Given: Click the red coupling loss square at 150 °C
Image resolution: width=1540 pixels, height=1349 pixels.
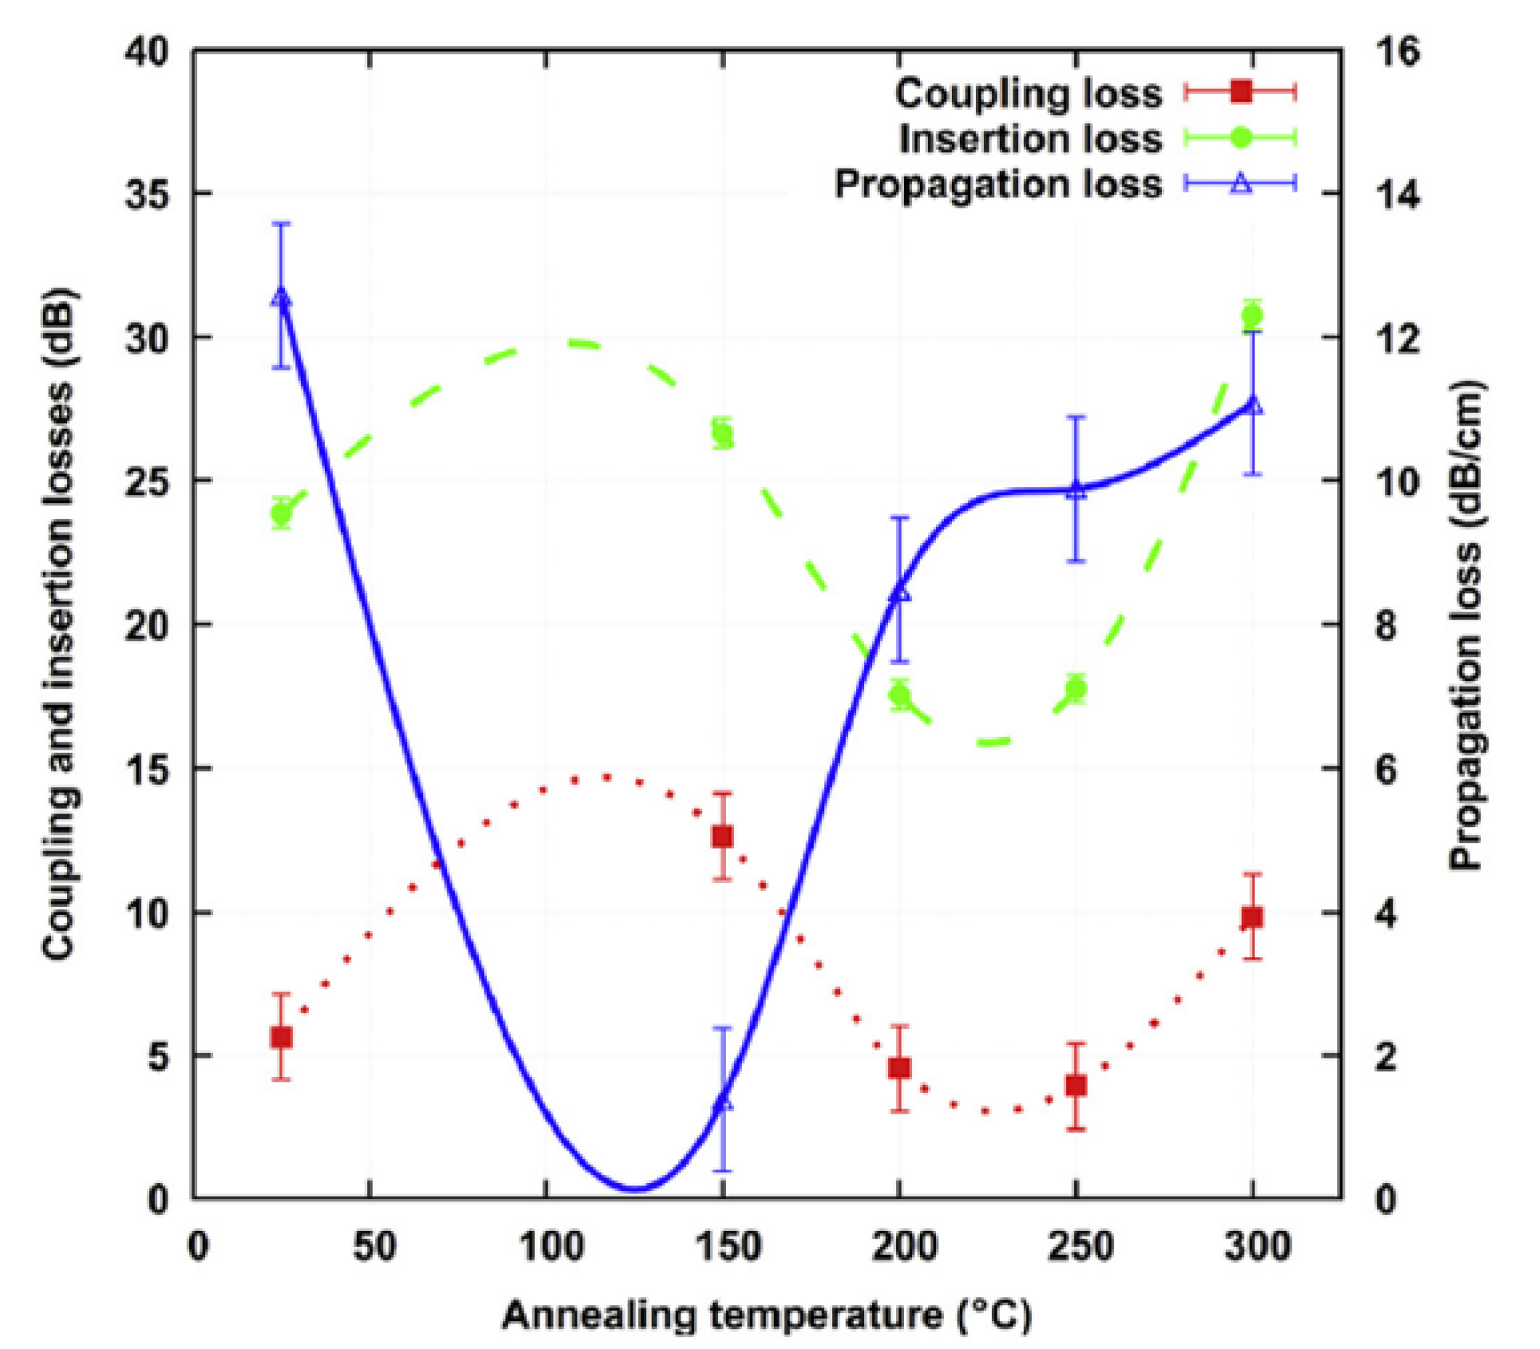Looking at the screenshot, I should [x=722, y=837].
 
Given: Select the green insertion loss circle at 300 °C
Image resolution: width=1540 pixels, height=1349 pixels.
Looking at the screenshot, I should [x=1252, y=315].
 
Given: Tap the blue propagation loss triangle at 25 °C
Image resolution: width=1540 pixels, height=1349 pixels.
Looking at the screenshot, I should [x=281, y=297].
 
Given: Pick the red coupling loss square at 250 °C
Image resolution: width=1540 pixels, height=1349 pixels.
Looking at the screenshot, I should [x=1076, y=1086].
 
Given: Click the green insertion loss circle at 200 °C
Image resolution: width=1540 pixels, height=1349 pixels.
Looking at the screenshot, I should [x=900, y=694].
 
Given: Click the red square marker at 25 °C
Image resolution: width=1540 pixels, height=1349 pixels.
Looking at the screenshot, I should [x=281, y=1037].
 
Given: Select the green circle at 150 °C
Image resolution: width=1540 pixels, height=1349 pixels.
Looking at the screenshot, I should [x=722, y=434].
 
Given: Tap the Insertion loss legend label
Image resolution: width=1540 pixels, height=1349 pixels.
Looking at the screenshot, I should [x=1030, y=139].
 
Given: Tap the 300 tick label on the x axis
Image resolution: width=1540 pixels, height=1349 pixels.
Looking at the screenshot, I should [x=1257, y=1246].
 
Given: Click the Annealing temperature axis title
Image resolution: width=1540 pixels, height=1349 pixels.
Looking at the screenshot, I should [x=766, y=1314].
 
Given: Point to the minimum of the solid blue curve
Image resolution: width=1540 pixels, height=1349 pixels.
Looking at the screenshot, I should [x=634, y=1189].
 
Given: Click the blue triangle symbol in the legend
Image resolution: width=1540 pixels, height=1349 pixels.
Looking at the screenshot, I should [x=1241, y=184].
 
